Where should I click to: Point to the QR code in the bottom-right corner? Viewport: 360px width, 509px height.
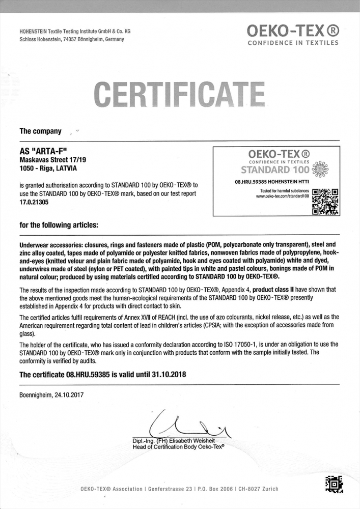334,484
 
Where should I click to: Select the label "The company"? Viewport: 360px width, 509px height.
40,131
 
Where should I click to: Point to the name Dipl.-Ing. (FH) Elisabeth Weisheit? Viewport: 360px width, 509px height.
173,440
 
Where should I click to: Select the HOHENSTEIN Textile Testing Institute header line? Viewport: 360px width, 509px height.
74,31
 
